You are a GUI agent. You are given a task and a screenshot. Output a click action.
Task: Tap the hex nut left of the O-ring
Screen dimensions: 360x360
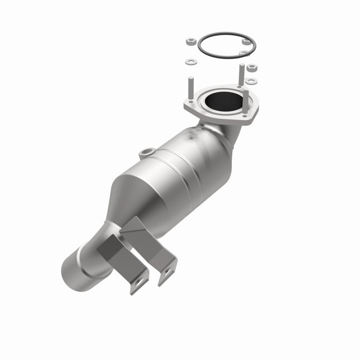pyautogui.click(x=189, y=42)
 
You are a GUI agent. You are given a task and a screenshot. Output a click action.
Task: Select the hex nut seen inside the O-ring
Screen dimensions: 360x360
pyautogui.click(x=246, y=41)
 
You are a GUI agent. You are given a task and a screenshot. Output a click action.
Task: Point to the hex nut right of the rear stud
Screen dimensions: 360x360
pyautogui.click(x=252, y=69)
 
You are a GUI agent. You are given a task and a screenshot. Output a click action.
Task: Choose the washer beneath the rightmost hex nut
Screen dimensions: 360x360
pyautogui.click(x=252, y=81)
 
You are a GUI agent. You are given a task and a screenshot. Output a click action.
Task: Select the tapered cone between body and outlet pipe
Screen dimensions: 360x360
pyautogui.click(x=135, y=198)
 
